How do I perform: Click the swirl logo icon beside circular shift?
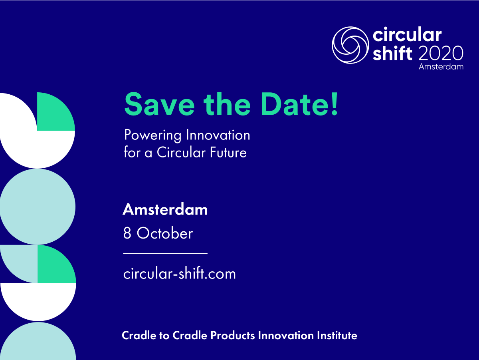350,45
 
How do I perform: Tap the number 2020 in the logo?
441,53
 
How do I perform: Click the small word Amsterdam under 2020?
441,67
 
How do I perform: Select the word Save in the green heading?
160,104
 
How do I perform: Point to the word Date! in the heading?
299,104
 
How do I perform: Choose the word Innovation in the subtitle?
218,135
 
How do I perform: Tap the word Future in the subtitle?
228,152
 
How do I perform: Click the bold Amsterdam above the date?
165,209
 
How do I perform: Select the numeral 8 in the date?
127,233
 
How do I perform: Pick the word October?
165,233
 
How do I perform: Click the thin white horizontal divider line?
165,253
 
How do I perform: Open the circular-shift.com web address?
180,273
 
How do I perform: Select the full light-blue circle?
38,207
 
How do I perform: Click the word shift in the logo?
392,53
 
